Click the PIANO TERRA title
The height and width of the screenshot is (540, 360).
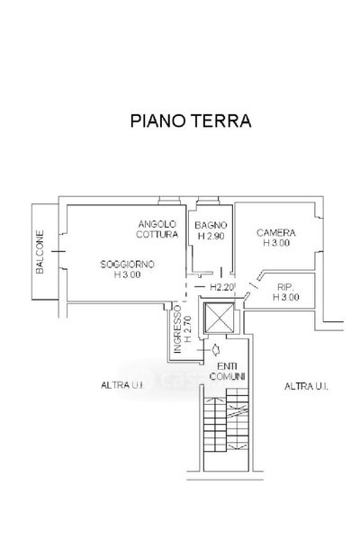[x=191, y=121]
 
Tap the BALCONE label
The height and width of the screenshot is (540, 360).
[x=40, y=252]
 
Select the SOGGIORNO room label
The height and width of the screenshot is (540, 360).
[x=127, y=264]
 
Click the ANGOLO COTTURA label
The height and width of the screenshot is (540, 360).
[x=157, y=229]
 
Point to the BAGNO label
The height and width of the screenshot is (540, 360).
[x=211, y=225]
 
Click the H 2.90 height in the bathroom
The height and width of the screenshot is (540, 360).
[x=211, y=236]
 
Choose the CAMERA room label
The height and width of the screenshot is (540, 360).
[x=276, y=233]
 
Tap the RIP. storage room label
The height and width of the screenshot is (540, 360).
[x=285, y=286]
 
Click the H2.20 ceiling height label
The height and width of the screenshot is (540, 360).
[x=222, y=287]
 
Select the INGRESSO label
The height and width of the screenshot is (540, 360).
[x=177, y=329]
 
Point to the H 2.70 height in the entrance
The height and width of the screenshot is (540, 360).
[x=188, y=329]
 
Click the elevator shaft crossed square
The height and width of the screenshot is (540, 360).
[x=219, y=318]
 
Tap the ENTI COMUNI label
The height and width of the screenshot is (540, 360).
[x=227, y=372]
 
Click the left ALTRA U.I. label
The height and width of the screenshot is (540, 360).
[x=122, y=385]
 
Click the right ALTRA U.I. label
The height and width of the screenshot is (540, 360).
[x=306, y=386]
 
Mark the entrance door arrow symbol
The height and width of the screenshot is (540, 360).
[x=216, y=349]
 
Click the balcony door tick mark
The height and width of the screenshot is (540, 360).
[x=58, y=252]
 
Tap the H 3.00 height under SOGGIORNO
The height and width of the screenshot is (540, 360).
[x=127, y=274]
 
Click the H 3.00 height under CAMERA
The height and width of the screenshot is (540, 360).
[x=276, y=243]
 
